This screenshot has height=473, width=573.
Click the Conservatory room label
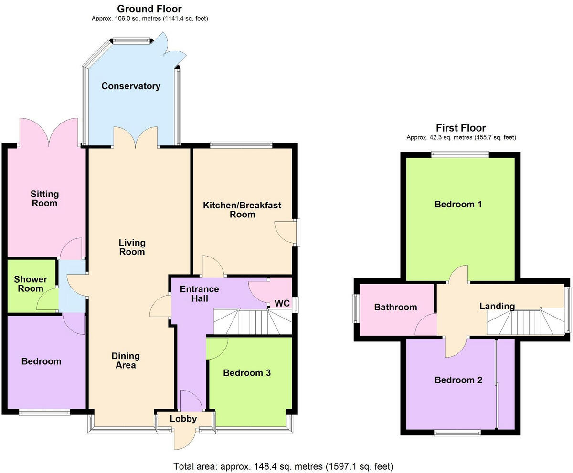coord(130,86)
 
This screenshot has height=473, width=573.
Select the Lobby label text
coord(184,419)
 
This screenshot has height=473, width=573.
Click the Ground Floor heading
coord(149,9)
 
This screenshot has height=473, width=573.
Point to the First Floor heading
coord(461,128)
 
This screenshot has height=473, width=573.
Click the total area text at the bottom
coord(283,466)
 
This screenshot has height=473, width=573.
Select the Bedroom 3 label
coord(247,373)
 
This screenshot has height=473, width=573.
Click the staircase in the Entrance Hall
coord(252,322)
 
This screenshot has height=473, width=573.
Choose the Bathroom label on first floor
coord(395,308)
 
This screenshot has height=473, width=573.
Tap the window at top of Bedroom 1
coord(460,154)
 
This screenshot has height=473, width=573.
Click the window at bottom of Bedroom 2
coord(457,433)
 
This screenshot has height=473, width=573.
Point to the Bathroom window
coord(356,309)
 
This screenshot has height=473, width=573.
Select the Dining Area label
coord(126,360)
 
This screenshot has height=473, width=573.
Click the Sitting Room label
coord(44,198)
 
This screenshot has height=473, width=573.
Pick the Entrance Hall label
coord(199,294)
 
